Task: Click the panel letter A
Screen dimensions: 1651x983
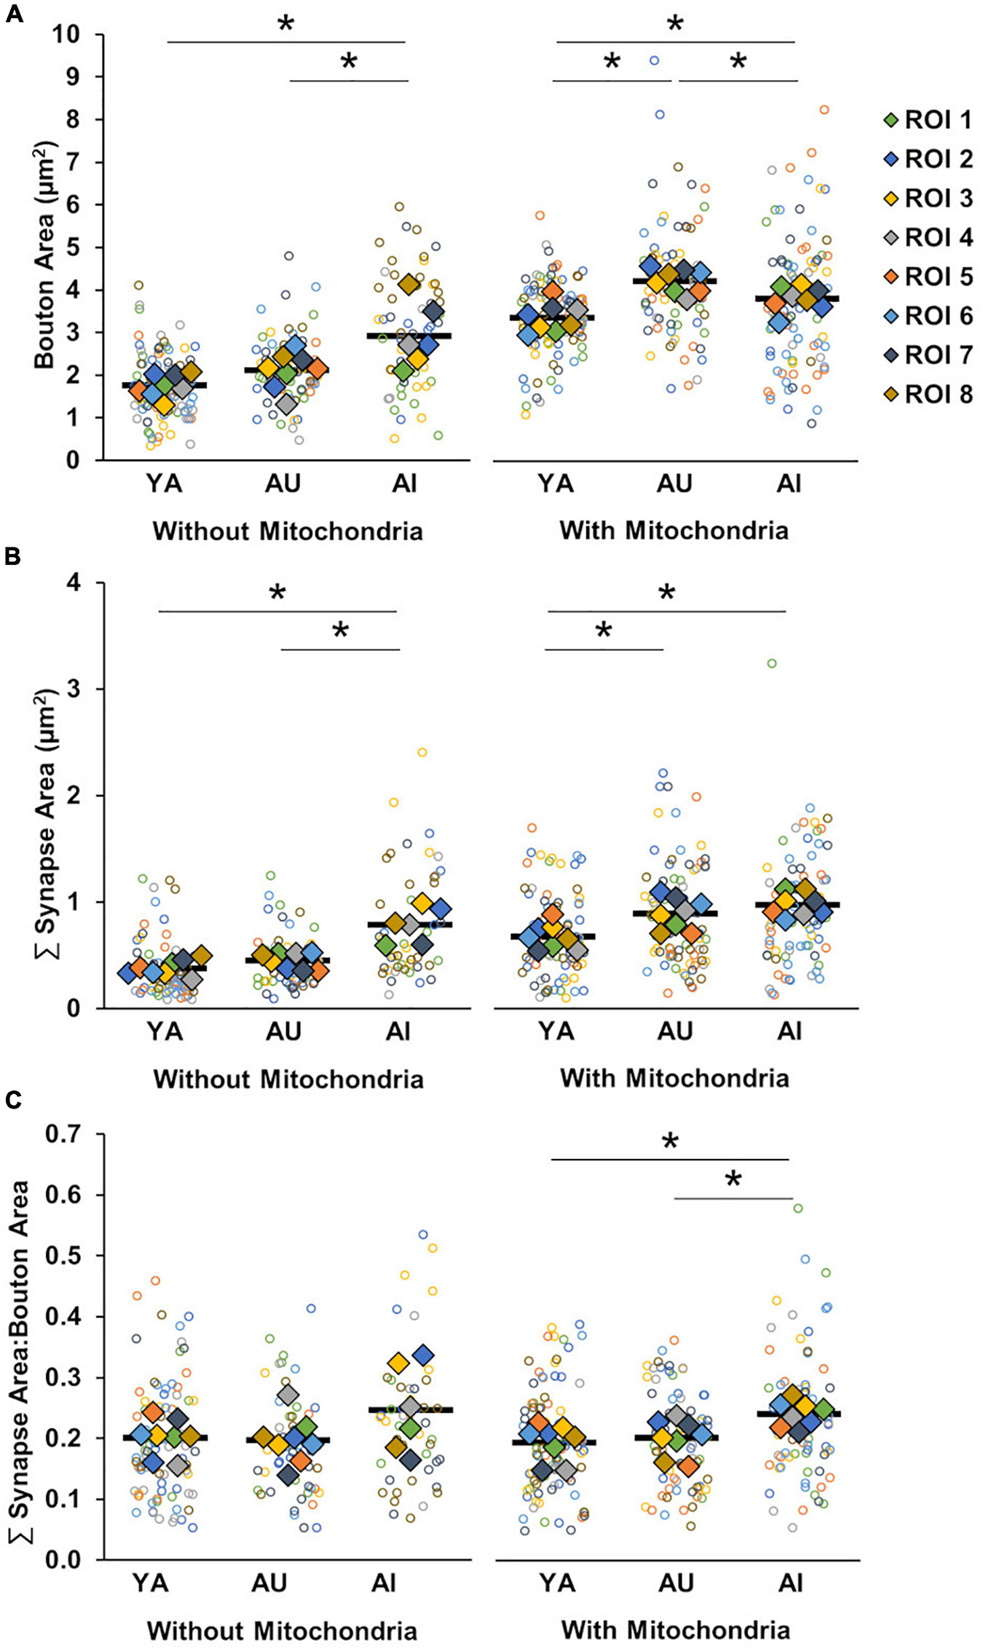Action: point(14,14)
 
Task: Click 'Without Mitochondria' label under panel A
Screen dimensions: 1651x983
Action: point(288,531)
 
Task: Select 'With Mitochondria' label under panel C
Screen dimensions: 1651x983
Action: point(676,1629)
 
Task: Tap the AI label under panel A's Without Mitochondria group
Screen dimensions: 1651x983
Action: point(403,483)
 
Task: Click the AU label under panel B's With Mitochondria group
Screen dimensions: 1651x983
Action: point(674,1032)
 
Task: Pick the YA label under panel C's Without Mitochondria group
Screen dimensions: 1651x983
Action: point(151,1583)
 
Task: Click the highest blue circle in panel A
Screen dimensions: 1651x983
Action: point(655,60)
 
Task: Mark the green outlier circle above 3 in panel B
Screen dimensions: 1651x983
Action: point(772,663)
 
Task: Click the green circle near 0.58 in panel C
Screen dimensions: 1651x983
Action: point(798,1208)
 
